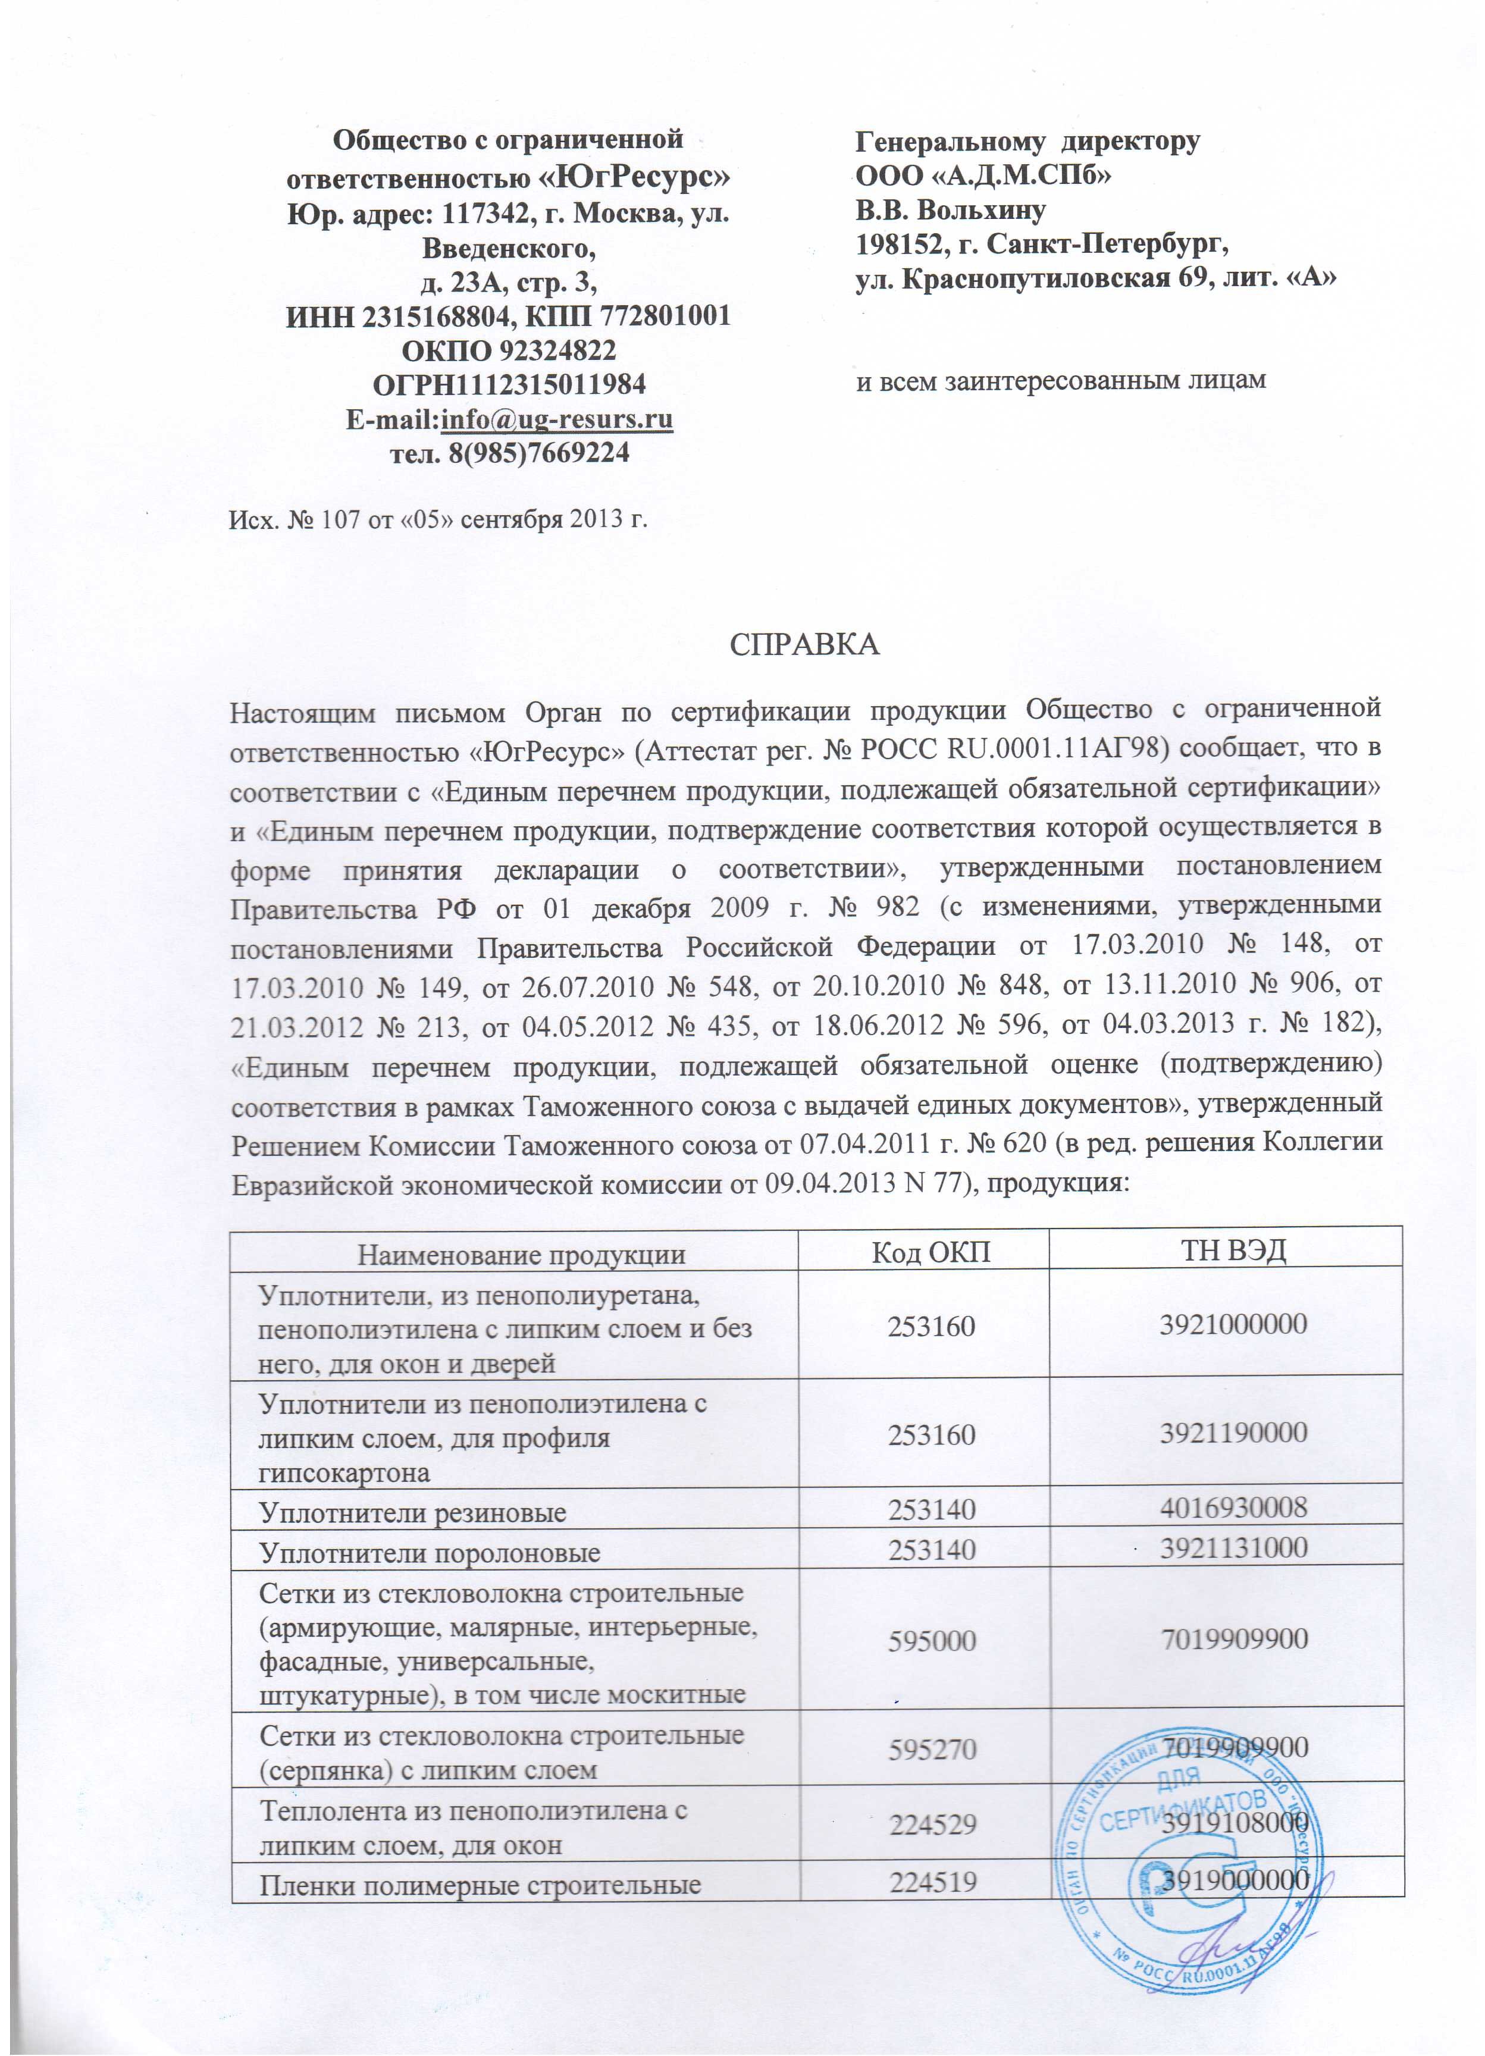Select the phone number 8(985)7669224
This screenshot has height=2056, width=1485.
tap(538, 453)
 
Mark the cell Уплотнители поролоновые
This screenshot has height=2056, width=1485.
tap(430, 1553)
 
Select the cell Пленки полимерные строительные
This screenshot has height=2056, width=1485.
tap(481, 1886)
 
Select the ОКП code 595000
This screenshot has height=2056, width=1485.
tap(932, 1639)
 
